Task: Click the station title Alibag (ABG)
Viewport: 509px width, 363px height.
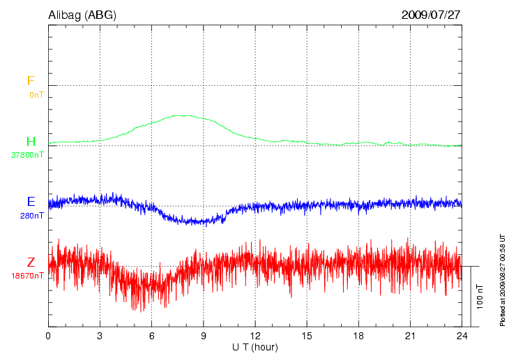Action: coord(82,14)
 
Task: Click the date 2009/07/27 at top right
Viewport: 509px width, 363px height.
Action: coord(431,14)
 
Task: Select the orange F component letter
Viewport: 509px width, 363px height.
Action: coord(30,82)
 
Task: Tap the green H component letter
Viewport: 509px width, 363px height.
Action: coord(31,142)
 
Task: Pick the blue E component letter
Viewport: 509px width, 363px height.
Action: coord(31,202)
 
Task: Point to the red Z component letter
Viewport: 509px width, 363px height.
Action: coord(31,262)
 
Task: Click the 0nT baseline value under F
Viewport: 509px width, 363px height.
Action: coord(36,94)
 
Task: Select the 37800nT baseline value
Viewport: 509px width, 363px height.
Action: coord(27,155)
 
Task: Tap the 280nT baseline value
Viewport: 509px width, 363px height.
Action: coord(32,215)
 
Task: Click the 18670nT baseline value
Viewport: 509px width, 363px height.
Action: coord(27,276)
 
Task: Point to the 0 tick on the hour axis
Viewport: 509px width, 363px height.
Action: coord(48,336)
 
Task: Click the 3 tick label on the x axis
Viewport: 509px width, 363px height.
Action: coord(100,336)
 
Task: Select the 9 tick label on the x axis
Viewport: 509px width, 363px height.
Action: coord(204,336)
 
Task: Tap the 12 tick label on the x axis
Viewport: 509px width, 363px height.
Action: coord(255,336)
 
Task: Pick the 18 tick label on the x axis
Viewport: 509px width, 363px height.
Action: coord(358,336)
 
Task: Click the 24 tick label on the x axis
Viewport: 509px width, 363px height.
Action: coord(462,336)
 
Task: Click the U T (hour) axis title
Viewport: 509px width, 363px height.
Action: coord(255,347)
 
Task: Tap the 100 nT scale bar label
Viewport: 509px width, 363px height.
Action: coord(479,297)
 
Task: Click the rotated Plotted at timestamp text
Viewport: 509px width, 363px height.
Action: coord(502,279)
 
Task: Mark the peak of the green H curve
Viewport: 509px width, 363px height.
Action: coord(185,115)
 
